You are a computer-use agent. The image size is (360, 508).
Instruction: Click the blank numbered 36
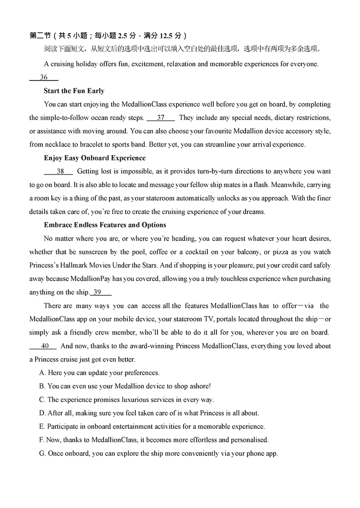(44, 77)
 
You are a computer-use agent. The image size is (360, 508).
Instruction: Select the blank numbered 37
(161, 118)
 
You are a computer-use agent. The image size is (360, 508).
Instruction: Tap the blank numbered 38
(58, 171)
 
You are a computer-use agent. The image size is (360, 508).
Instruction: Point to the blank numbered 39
(101, 292)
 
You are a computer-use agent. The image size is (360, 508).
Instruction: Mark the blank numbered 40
(43, 346)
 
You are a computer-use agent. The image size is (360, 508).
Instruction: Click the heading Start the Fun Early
(74, 91)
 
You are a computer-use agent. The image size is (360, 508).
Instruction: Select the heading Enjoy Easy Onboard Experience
(94, 158)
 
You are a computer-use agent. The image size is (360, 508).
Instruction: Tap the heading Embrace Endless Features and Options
(105, 225)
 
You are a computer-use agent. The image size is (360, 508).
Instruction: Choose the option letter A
(42, 373)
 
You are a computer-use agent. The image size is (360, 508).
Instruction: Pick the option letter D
(42, 413)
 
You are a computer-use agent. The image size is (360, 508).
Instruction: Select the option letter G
(42, 454)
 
